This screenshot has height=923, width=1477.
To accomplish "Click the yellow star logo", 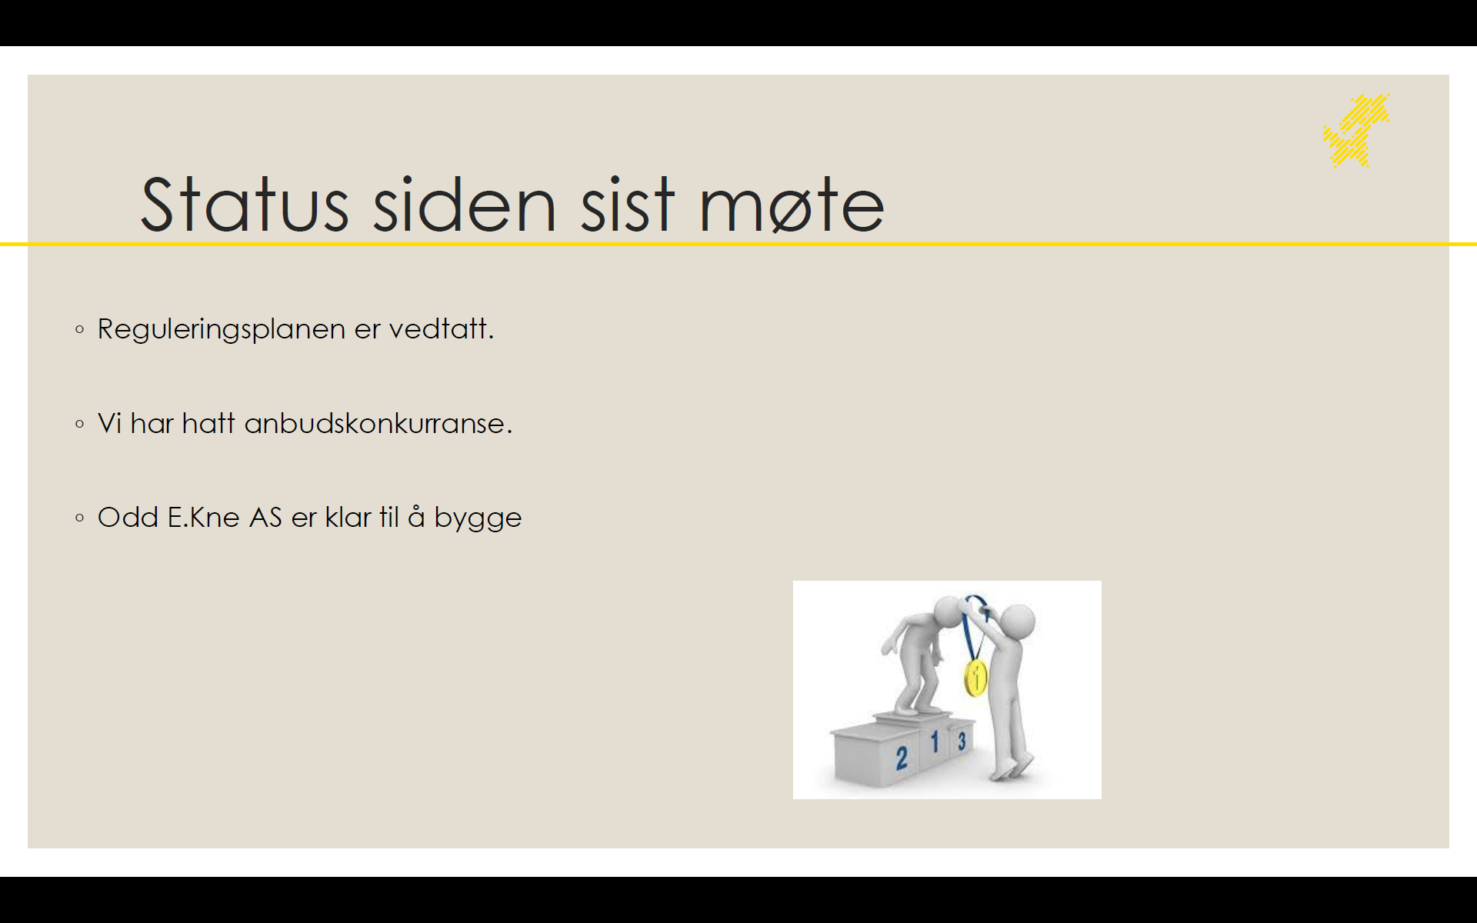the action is click(1356, 130).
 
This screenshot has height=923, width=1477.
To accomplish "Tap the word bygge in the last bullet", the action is click(478, 518).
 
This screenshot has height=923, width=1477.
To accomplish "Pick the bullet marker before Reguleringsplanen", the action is click(80, 330).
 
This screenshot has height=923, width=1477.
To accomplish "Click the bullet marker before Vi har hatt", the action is click(80, 424).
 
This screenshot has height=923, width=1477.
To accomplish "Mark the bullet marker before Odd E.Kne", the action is click(80, 518).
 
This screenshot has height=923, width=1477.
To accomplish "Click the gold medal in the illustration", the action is click(975, 678).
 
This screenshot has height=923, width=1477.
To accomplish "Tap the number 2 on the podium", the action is click(902, 758).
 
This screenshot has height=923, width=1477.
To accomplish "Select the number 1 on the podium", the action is click(935, 741).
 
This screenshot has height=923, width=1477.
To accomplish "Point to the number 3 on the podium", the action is click(962, 741).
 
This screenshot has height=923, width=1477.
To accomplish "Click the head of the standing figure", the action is click(1018, 621).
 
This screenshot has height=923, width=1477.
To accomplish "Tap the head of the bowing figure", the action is click(950, 613).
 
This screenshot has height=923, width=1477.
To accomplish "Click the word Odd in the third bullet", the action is click(128, 517).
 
